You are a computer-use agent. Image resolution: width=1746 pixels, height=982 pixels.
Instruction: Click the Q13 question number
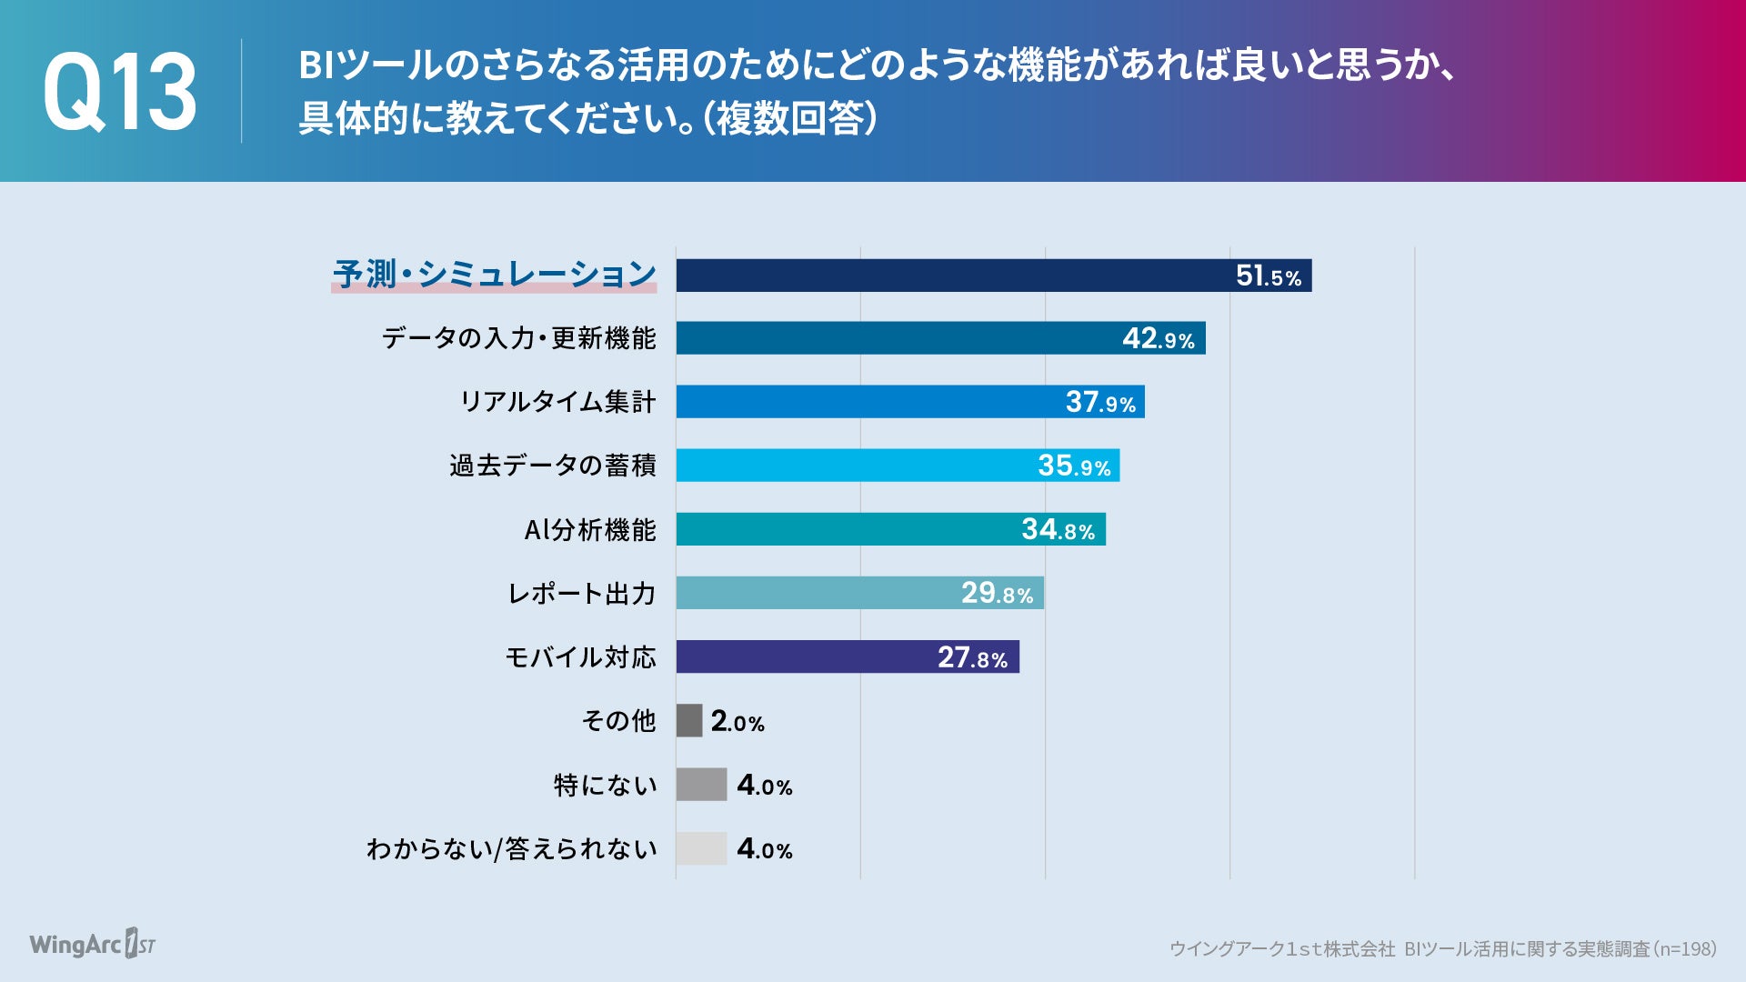click(119, 92)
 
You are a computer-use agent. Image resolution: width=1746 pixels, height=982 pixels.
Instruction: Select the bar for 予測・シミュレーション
click(955, 276)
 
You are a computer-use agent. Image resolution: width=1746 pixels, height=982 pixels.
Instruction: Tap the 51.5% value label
click(1268, 276)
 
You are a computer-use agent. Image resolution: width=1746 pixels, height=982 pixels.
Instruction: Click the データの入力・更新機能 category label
click(518, 338)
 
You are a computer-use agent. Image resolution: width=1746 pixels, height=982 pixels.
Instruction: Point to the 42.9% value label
click(1158, 339)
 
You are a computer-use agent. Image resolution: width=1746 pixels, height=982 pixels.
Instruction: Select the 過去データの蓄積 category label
click(552, 466)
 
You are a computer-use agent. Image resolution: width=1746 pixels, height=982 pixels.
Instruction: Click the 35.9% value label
click(1074, 466)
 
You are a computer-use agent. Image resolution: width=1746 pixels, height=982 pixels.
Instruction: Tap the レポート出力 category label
click(581, 594)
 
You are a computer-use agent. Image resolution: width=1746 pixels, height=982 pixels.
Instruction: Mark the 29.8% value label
click(997, 594)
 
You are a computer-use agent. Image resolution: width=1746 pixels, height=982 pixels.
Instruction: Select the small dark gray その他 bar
click(689, 720)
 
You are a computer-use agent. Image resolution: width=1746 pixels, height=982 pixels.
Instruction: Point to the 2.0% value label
click(738, 722)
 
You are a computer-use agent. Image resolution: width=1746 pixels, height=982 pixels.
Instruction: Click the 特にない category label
click(605, 785)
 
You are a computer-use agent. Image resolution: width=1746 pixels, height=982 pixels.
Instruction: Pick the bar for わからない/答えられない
click(701, 848)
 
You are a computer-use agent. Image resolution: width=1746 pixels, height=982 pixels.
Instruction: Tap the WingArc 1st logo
click(92, 945)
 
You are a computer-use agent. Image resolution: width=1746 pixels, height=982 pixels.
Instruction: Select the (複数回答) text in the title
click(790, 118)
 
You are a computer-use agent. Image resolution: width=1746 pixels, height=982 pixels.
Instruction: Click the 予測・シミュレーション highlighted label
click(494, 274)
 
